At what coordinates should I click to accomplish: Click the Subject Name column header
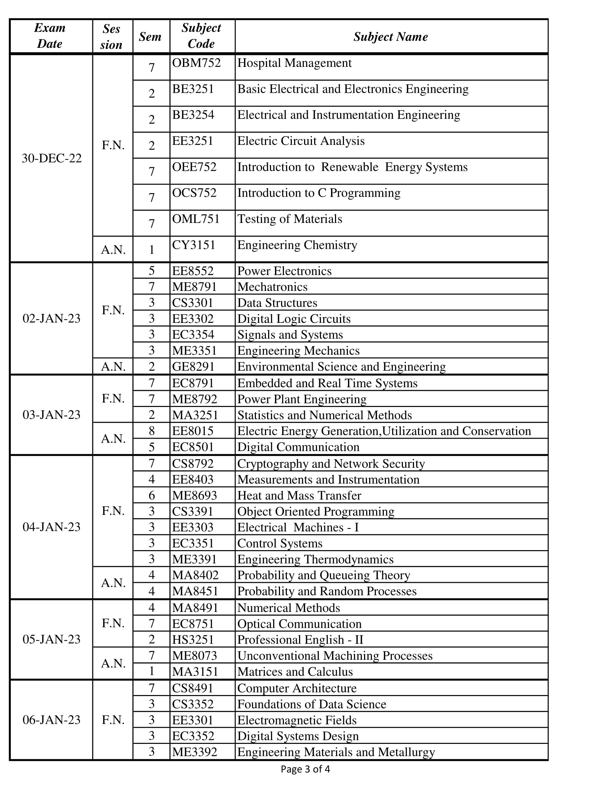tap(391, 37)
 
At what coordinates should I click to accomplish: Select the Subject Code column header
tap(201, 36)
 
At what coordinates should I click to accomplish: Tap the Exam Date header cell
tap(50, 36)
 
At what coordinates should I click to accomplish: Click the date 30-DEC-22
tap(52, 158)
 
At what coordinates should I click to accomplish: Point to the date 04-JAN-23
tap(51, 527)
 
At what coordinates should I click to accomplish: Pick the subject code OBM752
tap(196, 63)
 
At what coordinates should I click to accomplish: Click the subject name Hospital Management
tap(294, 63)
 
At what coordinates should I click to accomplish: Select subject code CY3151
tap(194, 245)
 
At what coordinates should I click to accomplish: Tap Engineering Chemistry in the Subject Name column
tap(297, 245)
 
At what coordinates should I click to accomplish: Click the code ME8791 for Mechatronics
tap(194, 287)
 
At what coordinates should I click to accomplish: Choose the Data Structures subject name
tap(277, 303)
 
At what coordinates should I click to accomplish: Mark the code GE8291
tap(193, 366)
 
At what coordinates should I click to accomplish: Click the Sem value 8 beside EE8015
tap(152, 431)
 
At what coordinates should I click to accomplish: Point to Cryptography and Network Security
tap(331, 463)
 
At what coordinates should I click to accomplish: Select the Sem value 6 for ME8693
tap(152, 495)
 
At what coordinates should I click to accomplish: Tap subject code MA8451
tap(195, 591)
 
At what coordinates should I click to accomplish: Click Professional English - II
tap(300, 640)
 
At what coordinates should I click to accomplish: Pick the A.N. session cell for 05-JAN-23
tap(113, 663)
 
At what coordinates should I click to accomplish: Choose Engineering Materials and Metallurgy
tap(336, 752)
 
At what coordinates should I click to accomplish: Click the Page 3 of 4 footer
tap(305, 769)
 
